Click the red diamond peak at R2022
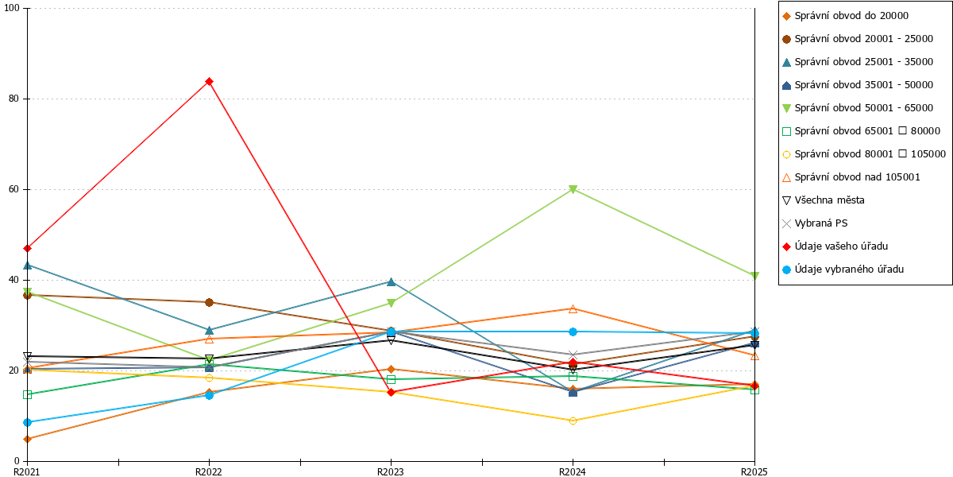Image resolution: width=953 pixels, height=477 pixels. coord(209,81)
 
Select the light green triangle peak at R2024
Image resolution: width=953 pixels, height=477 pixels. coord(573,189)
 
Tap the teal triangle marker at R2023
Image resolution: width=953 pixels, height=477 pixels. coord(391,282)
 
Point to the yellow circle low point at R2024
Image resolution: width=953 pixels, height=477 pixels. coord(573,421)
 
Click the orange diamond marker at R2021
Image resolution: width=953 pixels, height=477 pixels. coord(27,439)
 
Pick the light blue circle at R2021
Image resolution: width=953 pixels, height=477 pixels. coord(27,422)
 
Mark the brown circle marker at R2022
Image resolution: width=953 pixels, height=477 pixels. coord(209,302)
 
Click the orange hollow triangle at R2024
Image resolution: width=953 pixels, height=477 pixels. coord(573,308)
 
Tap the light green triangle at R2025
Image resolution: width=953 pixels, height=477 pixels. coord(754,276)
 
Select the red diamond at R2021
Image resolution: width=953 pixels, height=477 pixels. coord(27,248)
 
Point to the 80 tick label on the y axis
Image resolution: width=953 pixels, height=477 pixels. coord(14,99)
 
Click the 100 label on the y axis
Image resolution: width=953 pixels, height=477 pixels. coord(11,8)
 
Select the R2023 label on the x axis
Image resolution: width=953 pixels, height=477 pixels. coord(391,471)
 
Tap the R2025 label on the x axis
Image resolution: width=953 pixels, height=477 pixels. coord(754,471)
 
